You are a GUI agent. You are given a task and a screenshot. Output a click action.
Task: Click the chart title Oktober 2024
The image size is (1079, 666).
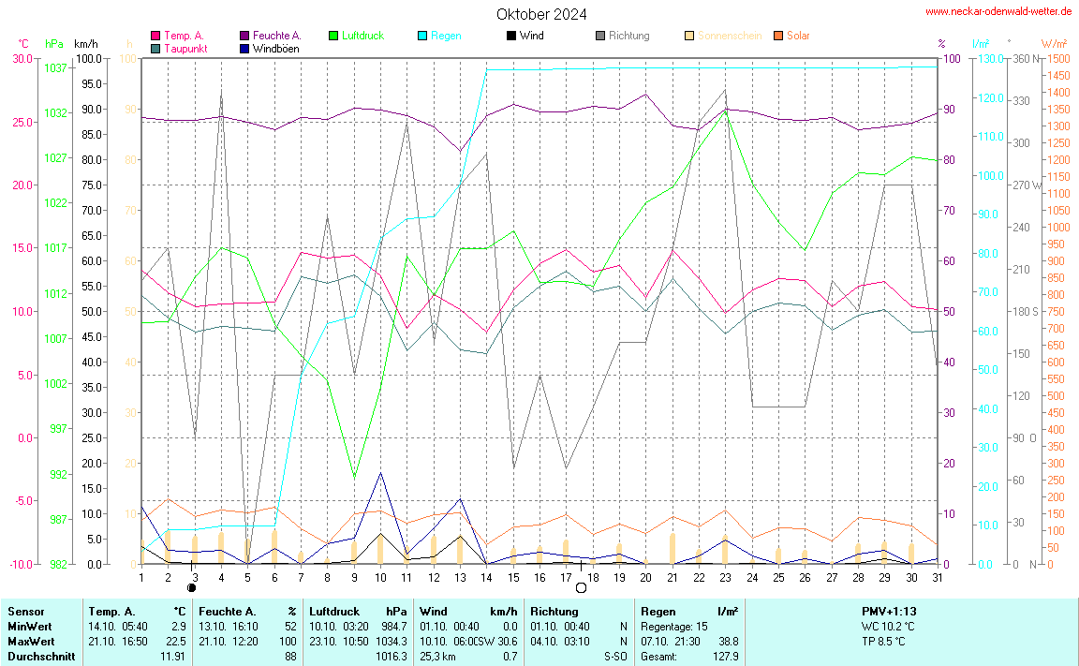pos(542,14)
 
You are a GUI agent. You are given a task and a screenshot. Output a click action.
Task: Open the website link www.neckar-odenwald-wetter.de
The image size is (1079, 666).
pos(998,11)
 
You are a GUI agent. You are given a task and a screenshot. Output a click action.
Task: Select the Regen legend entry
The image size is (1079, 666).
pos(445,36)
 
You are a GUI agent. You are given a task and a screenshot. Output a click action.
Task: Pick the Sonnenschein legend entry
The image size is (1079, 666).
pos(729,36)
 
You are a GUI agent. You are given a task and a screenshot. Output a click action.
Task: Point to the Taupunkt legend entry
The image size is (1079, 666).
pos(185,48)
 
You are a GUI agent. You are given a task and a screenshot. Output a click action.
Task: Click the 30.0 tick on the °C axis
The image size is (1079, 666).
pos(22,58)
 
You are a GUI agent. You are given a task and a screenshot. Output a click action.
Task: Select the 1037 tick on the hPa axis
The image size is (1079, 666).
pos(55,68)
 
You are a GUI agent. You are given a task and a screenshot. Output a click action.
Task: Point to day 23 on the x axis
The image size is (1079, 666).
pos(725,576)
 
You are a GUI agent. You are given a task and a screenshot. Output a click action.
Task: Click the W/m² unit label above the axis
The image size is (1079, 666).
pos(1053,44)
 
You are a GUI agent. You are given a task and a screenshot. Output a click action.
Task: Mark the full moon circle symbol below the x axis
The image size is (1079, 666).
pos(581,587)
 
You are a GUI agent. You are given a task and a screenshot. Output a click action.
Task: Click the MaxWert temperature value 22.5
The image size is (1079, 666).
pos(176,641)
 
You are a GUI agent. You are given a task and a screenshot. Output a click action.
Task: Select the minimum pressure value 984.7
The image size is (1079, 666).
pos(394,626)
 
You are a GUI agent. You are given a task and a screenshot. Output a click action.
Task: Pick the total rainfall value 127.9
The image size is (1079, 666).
pos(725,657)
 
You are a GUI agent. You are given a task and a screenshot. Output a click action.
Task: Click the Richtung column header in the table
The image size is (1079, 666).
pos(554,611)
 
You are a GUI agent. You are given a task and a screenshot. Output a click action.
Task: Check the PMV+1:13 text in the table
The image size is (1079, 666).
pos(889,611)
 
